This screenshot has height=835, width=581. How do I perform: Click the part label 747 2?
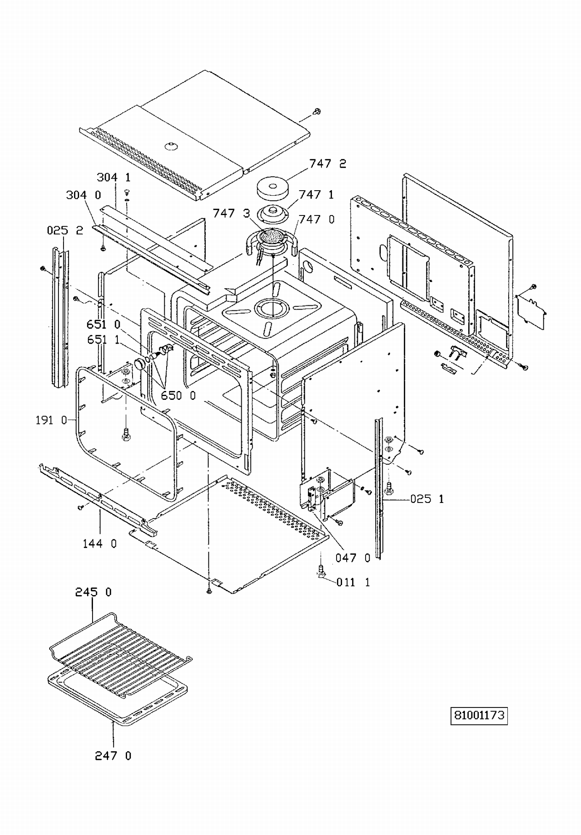click(327, 164)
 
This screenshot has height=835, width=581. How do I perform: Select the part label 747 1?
click(316, 194)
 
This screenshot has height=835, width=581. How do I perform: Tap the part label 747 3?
click(232, 213)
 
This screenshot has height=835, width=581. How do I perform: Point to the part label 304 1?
click(113, 177)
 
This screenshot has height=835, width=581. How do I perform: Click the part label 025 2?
click(65, 230)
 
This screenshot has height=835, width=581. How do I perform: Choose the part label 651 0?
click(103, 324)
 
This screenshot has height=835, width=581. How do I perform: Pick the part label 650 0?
click(178, 395)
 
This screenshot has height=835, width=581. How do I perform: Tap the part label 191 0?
click(51, 420)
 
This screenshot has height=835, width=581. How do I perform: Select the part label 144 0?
click(100, 544)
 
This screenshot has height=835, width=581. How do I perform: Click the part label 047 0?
click(353, 558)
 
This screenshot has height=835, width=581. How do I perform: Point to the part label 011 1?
click(353, 582)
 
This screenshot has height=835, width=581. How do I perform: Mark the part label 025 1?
click(427, 499)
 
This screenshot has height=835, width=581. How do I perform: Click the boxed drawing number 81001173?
click(479, 715)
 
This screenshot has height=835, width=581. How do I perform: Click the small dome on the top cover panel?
click(170, 146)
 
